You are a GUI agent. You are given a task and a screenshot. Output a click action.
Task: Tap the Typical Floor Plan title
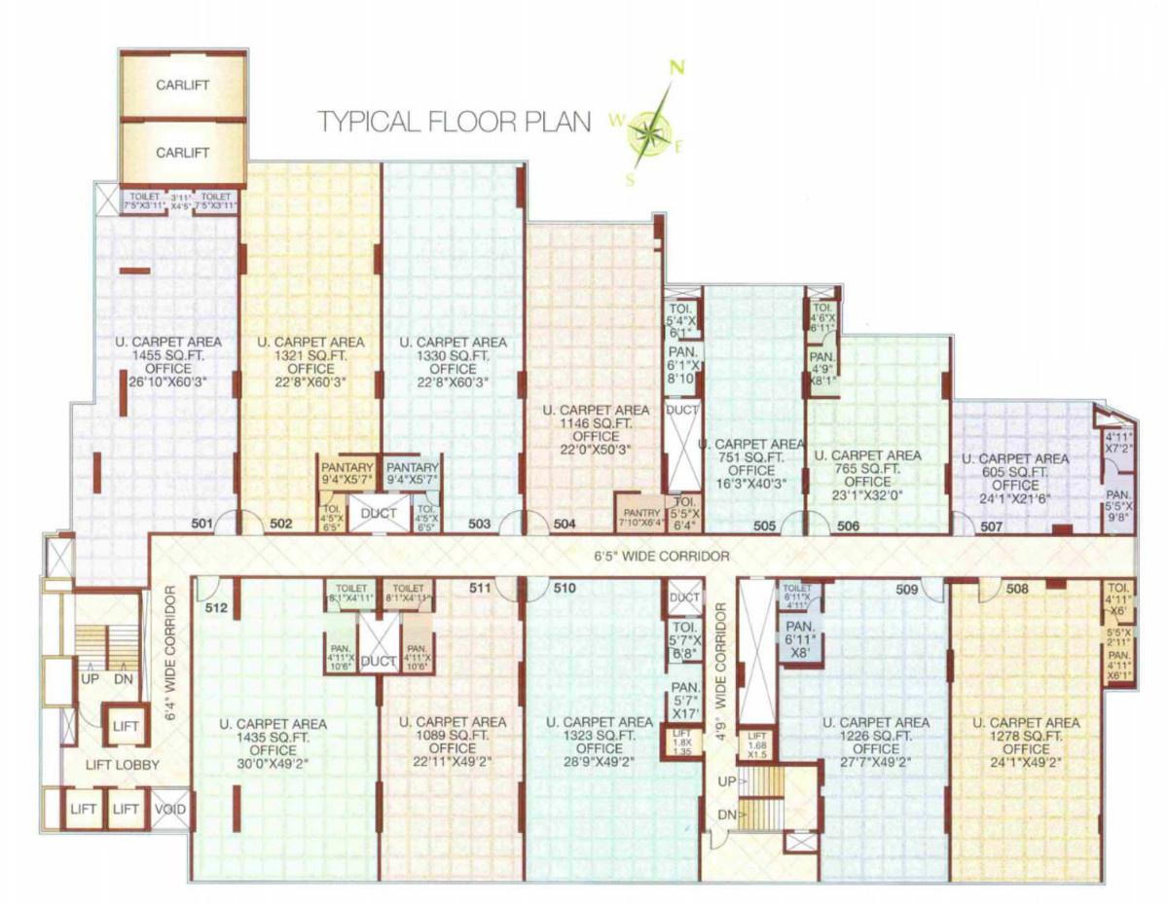click(456, 122)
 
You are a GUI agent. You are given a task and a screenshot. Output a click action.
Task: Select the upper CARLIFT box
click(183, 85)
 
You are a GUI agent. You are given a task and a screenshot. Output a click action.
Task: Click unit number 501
click(201, 525)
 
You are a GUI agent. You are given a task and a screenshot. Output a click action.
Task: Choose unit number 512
click(216, 608)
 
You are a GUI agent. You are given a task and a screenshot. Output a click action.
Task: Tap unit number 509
click(907, 589)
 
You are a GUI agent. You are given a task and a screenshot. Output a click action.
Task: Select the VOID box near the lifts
click(169, 809)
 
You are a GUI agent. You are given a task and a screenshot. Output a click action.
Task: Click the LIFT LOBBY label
click(122, 765)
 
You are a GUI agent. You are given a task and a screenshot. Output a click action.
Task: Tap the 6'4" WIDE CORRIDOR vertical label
click(169, 652)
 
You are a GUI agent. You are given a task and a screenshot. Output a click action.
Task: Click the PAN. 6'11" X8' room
click(799, 639)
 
